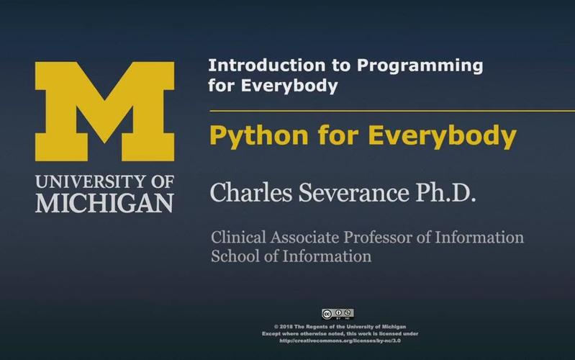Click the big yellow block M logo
pyautogui.click(x=104, y=112)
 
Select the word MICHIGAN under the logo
pyautogui.click(x=104, y=202)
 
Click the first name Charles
pyautogui.click(x=243, y=194)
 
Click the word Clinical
pyautogui.click(x=237, y=237)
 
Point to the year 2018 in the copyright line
pyautogui.click(x=286, y=327)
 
